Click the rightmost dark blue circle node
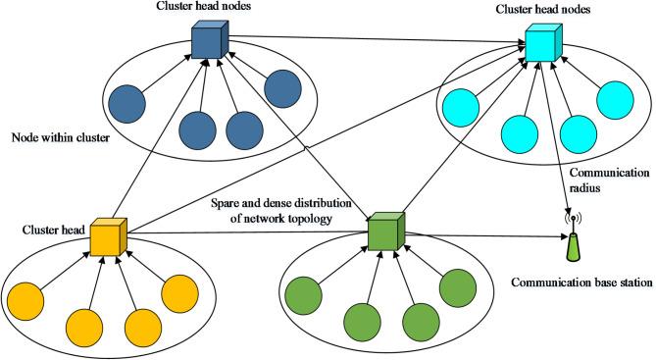281,88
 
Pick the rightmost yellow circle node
180,294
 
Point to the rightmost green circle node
458,290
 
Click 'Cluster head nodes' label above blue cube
204,8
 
